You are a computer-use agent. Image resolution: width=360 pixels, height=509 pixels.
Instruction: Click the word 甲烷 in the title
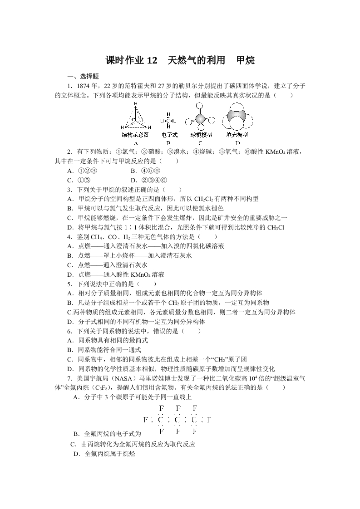(x=246, y=60)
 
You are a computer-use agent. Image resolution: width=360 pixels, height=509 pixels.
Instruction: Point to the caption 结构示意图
(x=135, y=135)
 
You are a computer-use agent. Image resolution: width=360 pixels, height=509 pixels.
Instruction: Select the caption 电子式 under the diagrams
(x=169, y=135)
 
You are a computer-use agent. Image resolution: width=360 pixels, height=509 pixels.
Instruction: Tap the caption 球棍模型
(x=200, y=135)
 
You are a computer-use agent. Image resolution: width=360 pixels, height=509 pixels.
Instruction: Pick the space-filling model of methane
(x=237, y=118)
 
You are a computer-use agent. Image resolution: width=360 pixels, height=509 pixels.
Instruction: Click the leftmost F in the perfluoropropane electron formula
(x=145, y=419)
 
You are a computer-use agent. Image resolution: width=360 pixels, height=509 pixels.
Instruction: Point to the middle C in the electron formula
(x=178, y=420)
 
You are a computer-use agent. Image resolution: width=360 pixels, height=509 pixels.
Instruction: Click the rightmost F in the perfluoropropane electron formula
(x=209, y=419)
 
